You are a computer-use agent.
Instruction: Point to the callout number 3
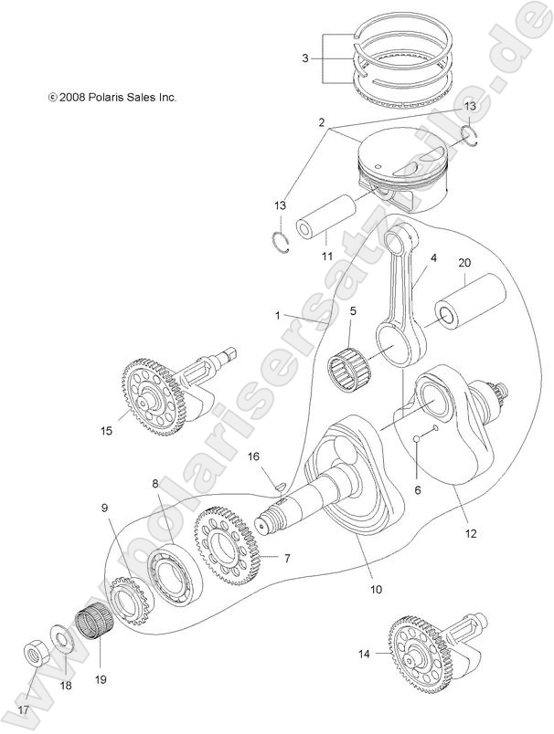[305, 57]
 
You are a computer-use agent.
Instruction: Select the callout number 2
[322, 121]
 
